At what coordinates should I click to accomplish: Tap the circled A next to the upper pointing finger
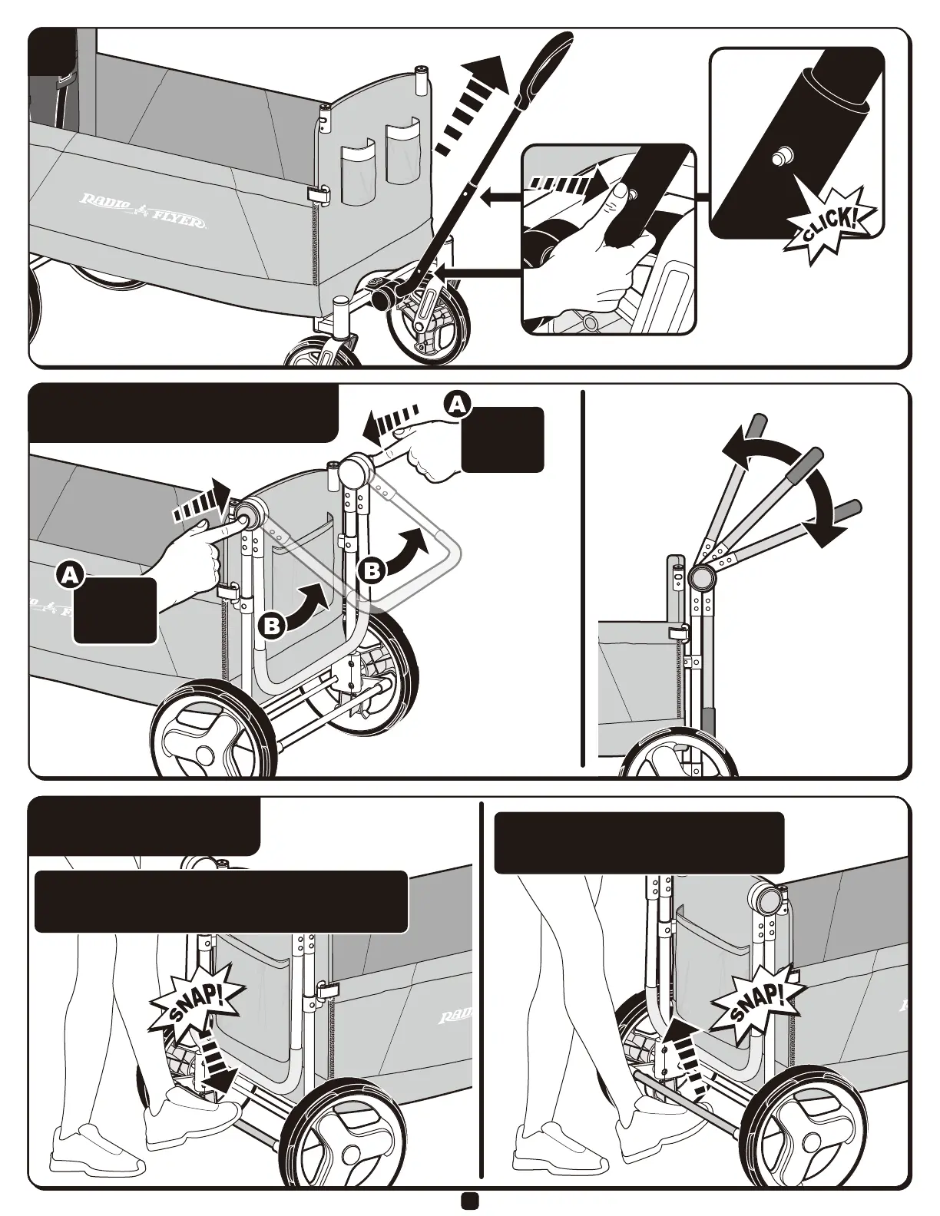(x=457, y=404)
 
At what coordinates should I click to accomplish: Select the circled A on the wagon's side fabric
(x=70, y=575)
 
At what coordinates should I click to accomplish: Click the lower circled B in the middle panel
(x=272, y=626)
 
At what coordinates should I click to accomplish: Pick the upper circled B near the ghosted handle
(x=372, y=570)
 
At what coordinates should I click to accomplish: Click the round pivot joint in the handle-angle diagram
(x=701, y=577)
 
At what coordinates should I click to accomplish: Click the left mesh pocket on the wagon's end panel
(x=357, y=173)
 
